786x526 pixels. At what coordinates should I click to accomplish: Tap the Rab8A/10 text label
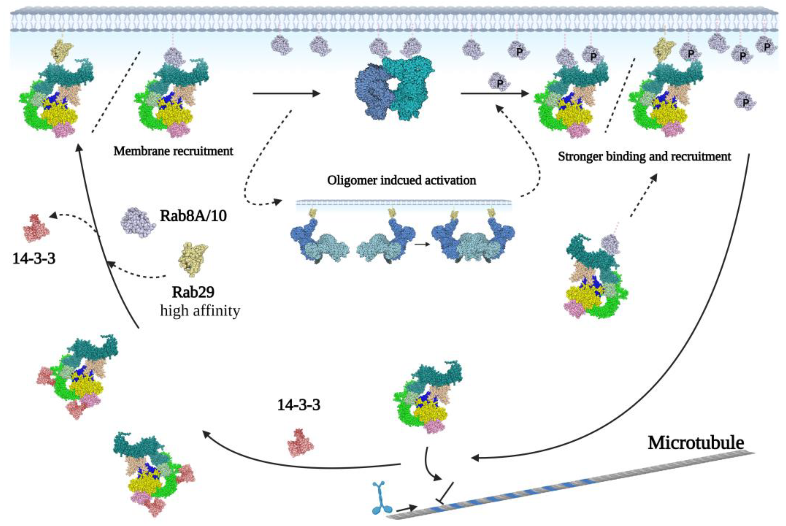(193, 216)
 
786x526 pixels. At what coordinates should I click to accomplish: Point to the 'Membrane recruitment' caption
(173, 151)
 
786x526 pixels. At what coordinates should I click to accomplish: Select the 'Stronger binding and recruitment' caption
(644, 156)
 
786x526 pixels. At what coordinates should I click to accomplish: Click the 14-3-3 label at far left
(34, 259)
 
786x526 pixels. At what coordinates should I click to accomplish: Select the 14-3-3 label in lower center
(298, 405)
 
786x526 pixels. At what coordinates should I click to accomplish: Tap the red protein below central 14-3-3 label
(300, 442)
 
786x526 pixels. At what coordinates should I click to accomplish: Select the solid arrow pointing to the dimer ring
(286, 93)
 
